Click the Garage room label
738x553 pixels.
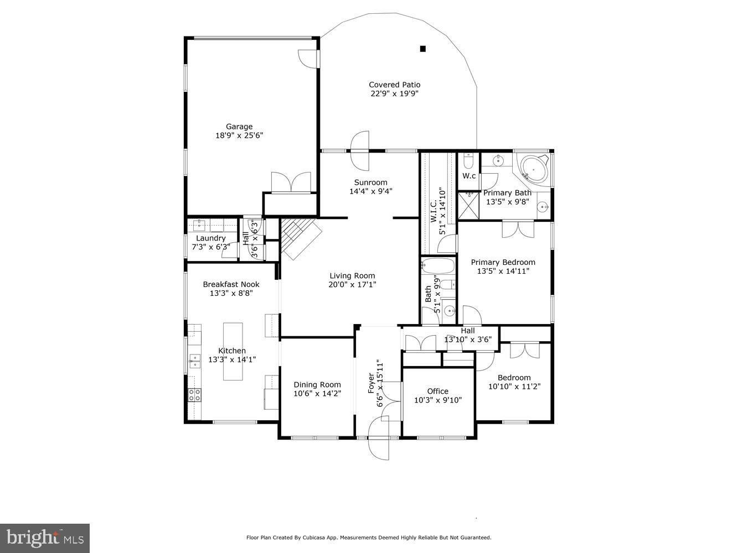pyautogui.click(x=239, y=127)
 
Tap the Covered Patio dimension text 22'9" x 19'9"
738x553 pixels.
pyautogui.click(x=394, y=93)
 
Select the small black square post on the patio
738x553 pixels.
pyautogui.click(x=423, y=49)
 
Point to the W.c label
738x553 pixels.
pyautogui.click(x=469, y=176)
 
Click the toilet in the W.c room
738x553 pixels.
pyautogui.click(x=468, y=161)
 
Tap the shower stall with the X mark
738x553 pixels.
pyautogui.click(x=469, y=205)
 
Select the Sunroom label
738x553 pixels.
pyautogui.click(x=370, y=182)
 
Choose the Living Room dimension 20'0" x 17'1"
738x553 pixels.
pyautogui.click(x=352, y=285)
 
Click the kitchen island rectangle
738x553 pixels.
pyautogui.click(x=233, y=352)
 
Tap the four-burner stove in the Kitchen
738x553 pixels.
pyautogui.click(x=194, y=394)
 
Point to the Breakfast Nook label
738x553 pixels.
pyautogui.click(x=231, y=284)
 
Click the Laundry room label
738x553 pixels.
pyautogui.click(x=211, y=238)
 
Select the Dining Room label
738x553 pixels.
pyautogui.click(x=317, y=384)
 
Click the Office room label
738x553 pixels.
pyautogui.click(x=438, y=391)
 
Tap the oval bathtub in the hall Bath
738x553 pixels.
pyautogui.click(x=438, y=266)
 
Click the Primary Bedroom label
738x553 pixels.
pyautogui.click(x=503, y=262)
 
